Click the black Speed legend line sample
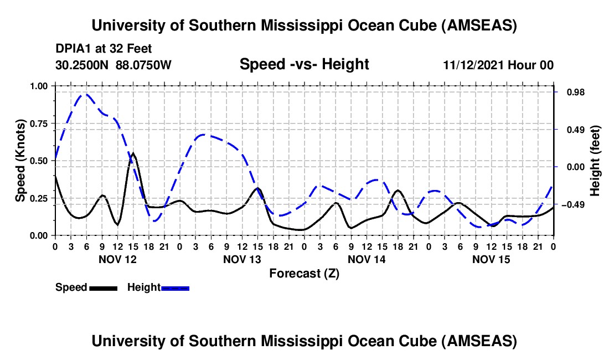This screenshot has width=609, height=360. tap(103, 287)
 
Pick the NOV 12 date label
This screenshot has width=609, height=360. tap(117, 259)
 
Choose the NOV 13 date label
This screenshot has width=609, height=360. tap(242, 259)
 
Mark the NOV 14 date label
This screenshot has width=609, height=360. tap(367, 259)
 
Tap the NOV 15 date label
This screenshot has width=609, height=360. tap(491, 259)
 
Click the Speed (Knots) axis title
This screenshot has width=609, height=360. tap(20, 160)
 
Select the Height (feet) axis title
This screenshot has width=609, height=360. tap(595, 160)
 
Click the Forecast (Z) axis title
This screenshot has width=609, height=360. tap(304, 273)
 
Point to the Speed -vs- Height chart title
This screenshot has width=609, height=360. tap(304, 65)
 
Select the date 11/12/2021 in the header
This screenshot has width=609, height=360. tap(473, 65)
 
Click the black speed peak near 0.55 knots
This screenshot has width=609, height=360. tap(133, 153)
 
